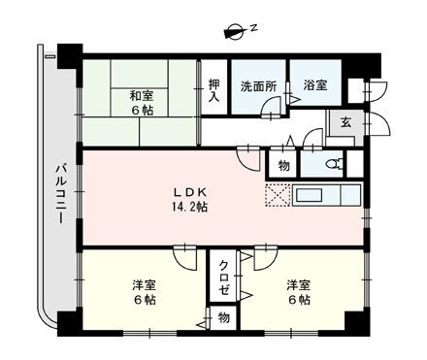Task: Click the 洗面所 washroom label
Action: pyautogui.click(x=259, y=85)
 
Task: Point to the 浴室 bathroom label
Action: pyautogui.click(x=312, y=85)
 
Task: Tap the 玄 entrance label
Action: pyautogui.click(x=345, y=122)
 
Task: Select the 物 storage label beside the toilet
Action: pyautogui.click(x=282, y=165)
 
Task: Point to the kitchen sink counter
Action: pyautogui.click(x=326, y=193)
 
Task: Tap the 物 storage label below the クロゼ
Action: pyautogui.click(x=222, y=317)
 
